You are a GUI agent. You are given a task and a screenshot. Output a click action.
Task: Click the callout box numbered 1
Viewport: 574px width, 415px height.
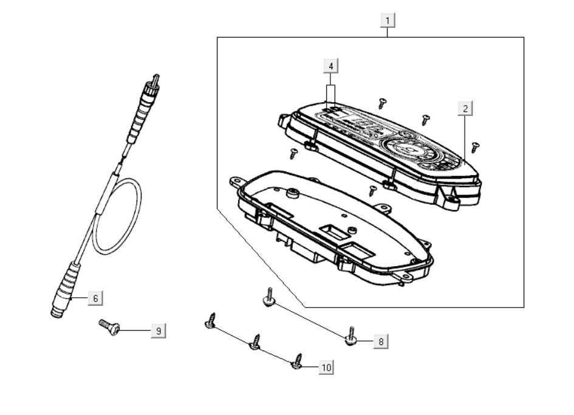point(388,20)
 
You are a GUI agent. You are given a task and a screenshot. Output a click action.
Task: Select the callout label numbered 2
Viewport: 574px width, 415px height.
point(465,109)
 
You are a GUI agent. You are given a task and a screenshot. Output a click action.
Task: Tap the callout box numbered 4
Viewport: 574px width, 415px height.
point(330,65)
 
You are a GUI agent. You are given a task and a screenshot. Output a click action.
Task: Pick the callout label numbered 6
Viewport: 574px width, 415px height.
point(95,298)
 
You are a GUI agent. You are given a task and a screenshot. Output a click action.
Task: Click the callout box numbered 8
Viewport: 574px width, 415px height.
point(380,341)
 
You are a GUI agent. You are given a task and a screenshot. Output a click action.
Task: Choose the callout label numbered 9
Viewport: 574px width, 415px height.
point(158,331)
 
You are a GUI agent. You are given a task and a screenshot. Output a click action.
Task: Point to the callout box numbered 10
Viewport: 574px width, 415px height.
point(326,367)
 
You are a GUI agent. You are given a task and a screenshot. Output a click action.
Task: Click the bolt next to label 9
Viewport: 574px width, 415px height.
point(110,327)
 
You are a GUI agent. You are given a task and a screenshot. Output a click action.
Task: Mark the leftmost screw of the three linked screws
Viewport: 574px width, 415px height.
point(211,321)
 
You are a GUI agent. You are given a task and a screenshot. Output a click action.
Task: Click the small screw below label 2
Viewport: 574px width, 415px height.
point(476,146)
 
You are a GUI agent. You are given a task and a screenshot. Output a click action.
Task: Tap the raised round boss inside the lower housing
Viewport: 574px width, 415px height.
point(292,193)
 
